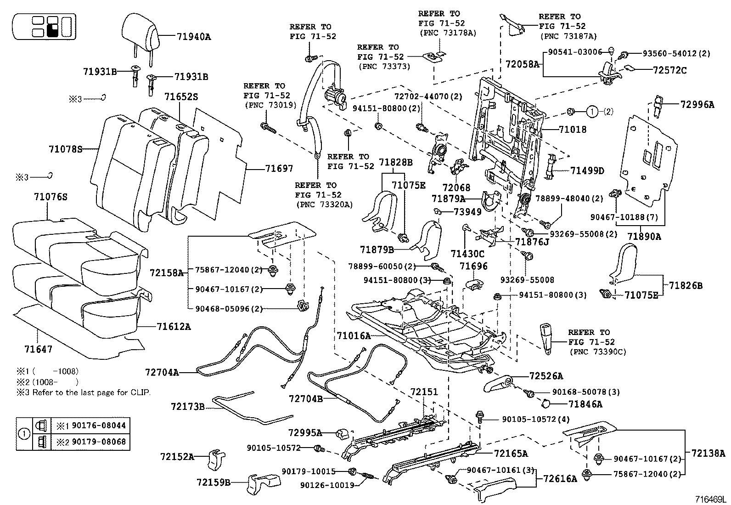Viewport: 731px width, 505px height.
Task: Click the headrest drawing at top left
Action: (141, 30)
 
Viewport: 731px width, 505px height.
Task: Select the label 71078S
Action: (65, 149)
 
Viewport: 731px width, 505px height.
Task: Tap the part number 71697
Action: (279, 169)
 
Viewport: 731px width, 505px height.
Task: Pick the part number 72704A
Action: (162, 372)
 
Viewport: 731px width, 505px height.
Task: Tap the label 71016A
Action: (354, 336)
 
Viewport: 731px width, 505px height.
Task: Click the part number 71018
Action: (573, 130)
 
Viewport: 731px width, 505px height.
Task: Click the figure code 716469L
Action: (710, 498)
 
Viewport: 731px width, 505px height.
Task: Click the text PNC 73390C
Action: (598, 352)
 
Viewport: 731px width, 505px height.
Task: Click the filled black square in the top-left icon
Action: (52, 31)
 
